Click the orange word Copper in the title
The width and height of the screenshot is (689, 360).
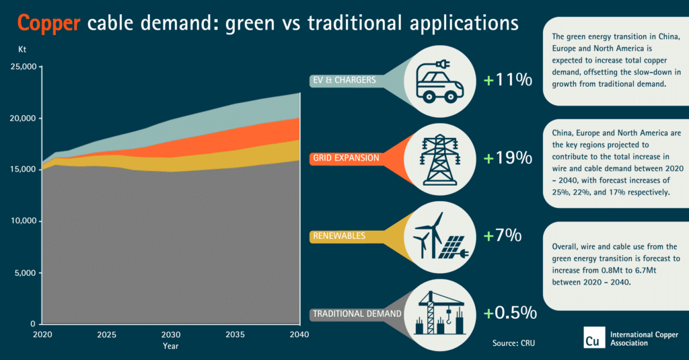pyautogui.click(x=49, y=24)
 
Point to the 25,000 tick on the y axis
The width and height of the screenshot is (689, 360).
pyautogui.click(x=26, y=67)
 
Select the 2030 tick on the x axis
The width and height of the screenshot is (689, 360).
pyautogui.click(x=171, y=334)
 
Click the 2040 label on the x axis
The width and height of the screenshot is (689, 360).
pyautogui.click(x=299, y=334)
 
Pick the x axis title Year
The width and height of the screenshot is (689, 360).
pyautogui.click(x=171, y=346)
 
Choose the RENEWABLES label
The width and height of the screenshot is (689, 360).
pyautogui.click(x=339, y=236)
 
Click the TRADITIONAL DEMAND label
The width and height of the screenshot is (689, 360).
pyautogui.click(x=357, y=314)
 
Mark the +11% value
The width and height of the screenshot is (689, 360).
pyautogui.click(x=508, y=81)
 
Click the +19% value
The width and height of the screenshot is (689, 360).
pyautogui.click(x=508, y=158)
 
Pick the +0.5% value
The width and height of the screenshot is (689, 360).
pyautogui.click(x=510, y=313)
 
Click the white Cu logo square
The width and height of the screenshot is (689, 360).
pyautogui.click(x=593, y=338)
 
